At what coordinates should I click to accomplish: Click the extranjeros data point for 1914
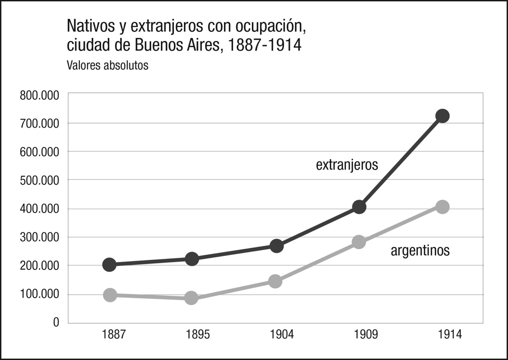tap(442, 116)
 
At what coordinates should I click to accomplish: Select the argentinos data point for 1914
tap(442, 207)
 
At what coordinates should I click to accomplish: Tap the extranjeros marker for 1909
tap(359, 207)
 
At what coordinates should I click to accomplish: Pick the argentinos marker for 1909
tap(359, 241)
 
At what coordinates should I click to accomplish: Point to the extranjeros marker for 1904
tap(276, 246)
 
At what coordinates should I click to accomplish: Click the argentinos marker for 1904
tap(275, 281)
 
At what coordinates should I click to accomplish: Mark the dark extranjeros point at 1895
tap(192, 259)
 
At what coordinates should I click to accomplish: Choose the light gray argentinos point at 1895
tap(191, 298)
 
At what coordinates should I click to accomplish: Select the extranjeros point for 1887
tap(109, 265)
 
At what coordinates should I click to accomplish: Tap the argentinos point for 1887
tap(109, 295)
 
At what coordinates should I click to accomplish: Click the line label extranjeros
tap(347, 165)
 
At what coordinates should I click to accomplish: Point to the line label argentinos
tap(420, 251)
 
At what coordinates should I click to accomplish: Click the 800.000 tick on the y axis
tap(39, 95)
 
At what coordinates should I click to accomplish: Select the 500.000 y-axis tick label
tap(39, 180)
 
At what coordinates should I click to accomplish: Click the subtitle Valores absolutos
tap(107, 66)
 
